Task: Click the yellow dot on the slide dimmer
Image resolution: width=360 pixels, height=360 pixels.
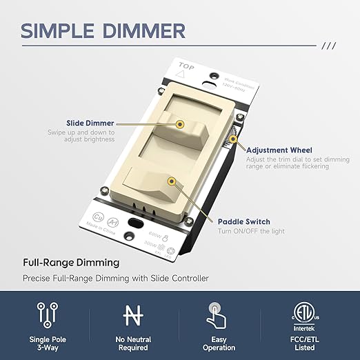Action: point(180,124)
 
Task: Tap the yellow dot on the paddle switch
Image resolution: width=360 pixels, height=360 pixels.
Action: point(170,183)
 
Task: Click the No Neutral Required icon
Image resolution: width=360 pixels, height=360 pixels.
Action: point(134,314)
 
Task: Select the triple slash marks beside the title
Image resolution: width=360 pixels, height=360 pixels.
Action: point(330,47)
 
